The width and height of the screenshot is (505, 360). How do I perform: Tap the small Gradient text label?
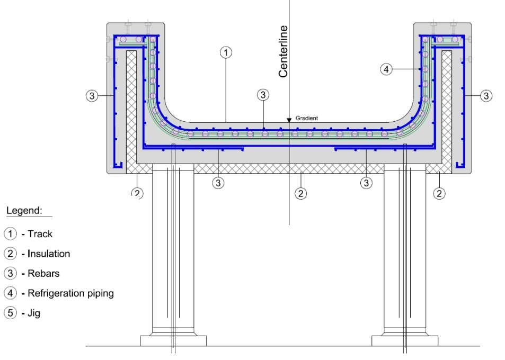pos(307,118)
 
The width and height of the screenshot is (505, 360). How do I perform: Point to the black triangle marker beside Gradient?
pos(289,120)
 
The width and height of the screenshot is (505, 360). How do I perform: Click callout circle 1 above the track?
pos(226,52)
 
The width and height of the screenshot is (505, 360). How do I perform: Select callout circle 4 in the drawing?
pos(387,69)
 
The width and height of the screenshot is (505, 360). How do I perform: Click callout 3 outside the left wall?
pos(92,96)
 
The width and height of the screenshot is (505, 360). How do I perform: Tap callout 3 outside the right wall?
pos(486,96)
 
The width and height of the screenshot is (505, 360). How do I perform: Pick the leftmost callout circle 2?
pos(137,193)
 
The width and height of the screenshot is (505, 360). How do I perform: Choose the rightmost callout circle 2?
pos(439,193)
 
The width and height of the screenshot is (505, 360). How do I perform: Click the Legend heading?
pos(24,210)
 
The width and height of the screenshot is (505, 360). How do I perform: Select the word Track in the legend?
pos(40,233)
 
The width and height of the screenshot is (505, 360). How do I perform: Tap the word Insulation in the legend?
pos(49,254)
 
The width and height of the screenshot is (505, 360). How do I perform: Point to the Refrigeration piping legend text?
pos(70,293)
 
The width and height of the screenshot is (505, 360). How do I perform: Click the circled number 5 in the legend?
pos(10,313)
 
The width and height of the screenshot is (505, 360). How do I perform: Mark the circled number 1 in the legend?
pos(10,233)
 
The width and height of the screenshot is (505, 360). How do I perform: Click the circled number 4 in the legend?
pos(10,293)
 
